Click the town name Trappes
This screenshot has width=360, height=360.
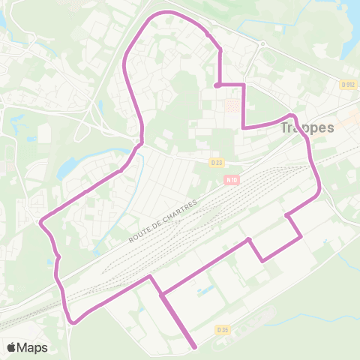point(307,127)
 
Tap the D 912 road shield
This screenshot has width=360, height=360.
point(346,85)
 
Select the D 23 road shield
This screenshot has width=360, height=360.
point(217,161)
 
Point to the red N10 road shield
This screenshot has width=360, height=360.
point(230,179)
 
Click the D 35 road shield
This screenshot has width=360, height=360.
point(222,329)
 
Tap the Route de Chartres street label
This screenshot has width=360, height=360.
point(162,220)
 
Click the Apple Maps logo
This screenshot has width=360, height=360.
point(27,347)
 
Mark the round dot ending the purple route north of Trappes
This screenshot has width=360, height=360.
point(217,85)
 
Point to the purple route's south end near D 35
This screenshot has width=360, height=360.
point(195,347)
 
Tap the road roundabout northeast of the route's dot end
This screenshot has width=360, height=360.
point(262,44)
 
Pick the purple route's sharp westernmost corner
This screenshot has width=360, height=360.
point(40,221)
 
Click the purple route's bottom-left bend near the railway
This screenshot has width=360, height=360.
point(73,322)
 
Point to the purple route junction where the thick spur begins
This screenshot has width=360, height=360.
point(161,294)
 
